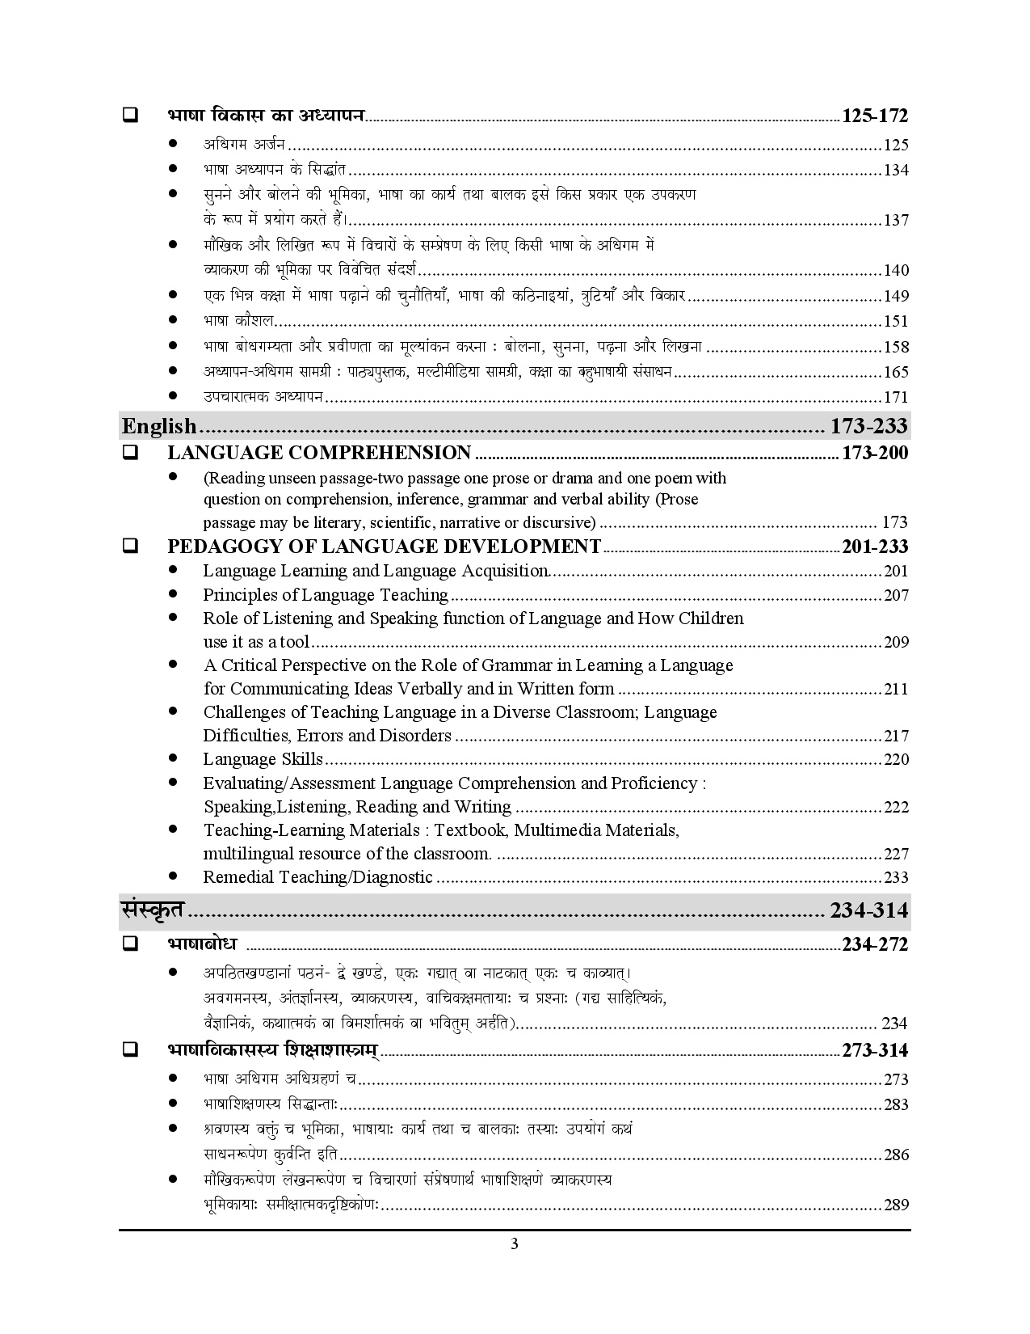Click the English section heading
159,425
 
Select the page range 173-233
868,425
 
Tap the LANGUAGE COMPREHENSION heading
319,453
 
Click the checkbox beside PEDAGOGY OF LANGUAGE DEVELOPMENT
129,547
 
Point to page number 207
896,596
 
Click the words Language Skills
263,759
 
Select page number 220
896,760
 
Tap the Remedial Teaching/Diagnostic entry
317,877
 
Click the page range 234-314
868,910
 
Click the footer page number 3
515,1244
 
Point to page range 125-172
875,116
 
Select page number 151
896,322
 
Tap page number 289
896,1205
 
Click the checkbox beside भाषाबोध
129,944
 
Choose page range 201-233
875,547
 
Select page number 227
896,855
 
